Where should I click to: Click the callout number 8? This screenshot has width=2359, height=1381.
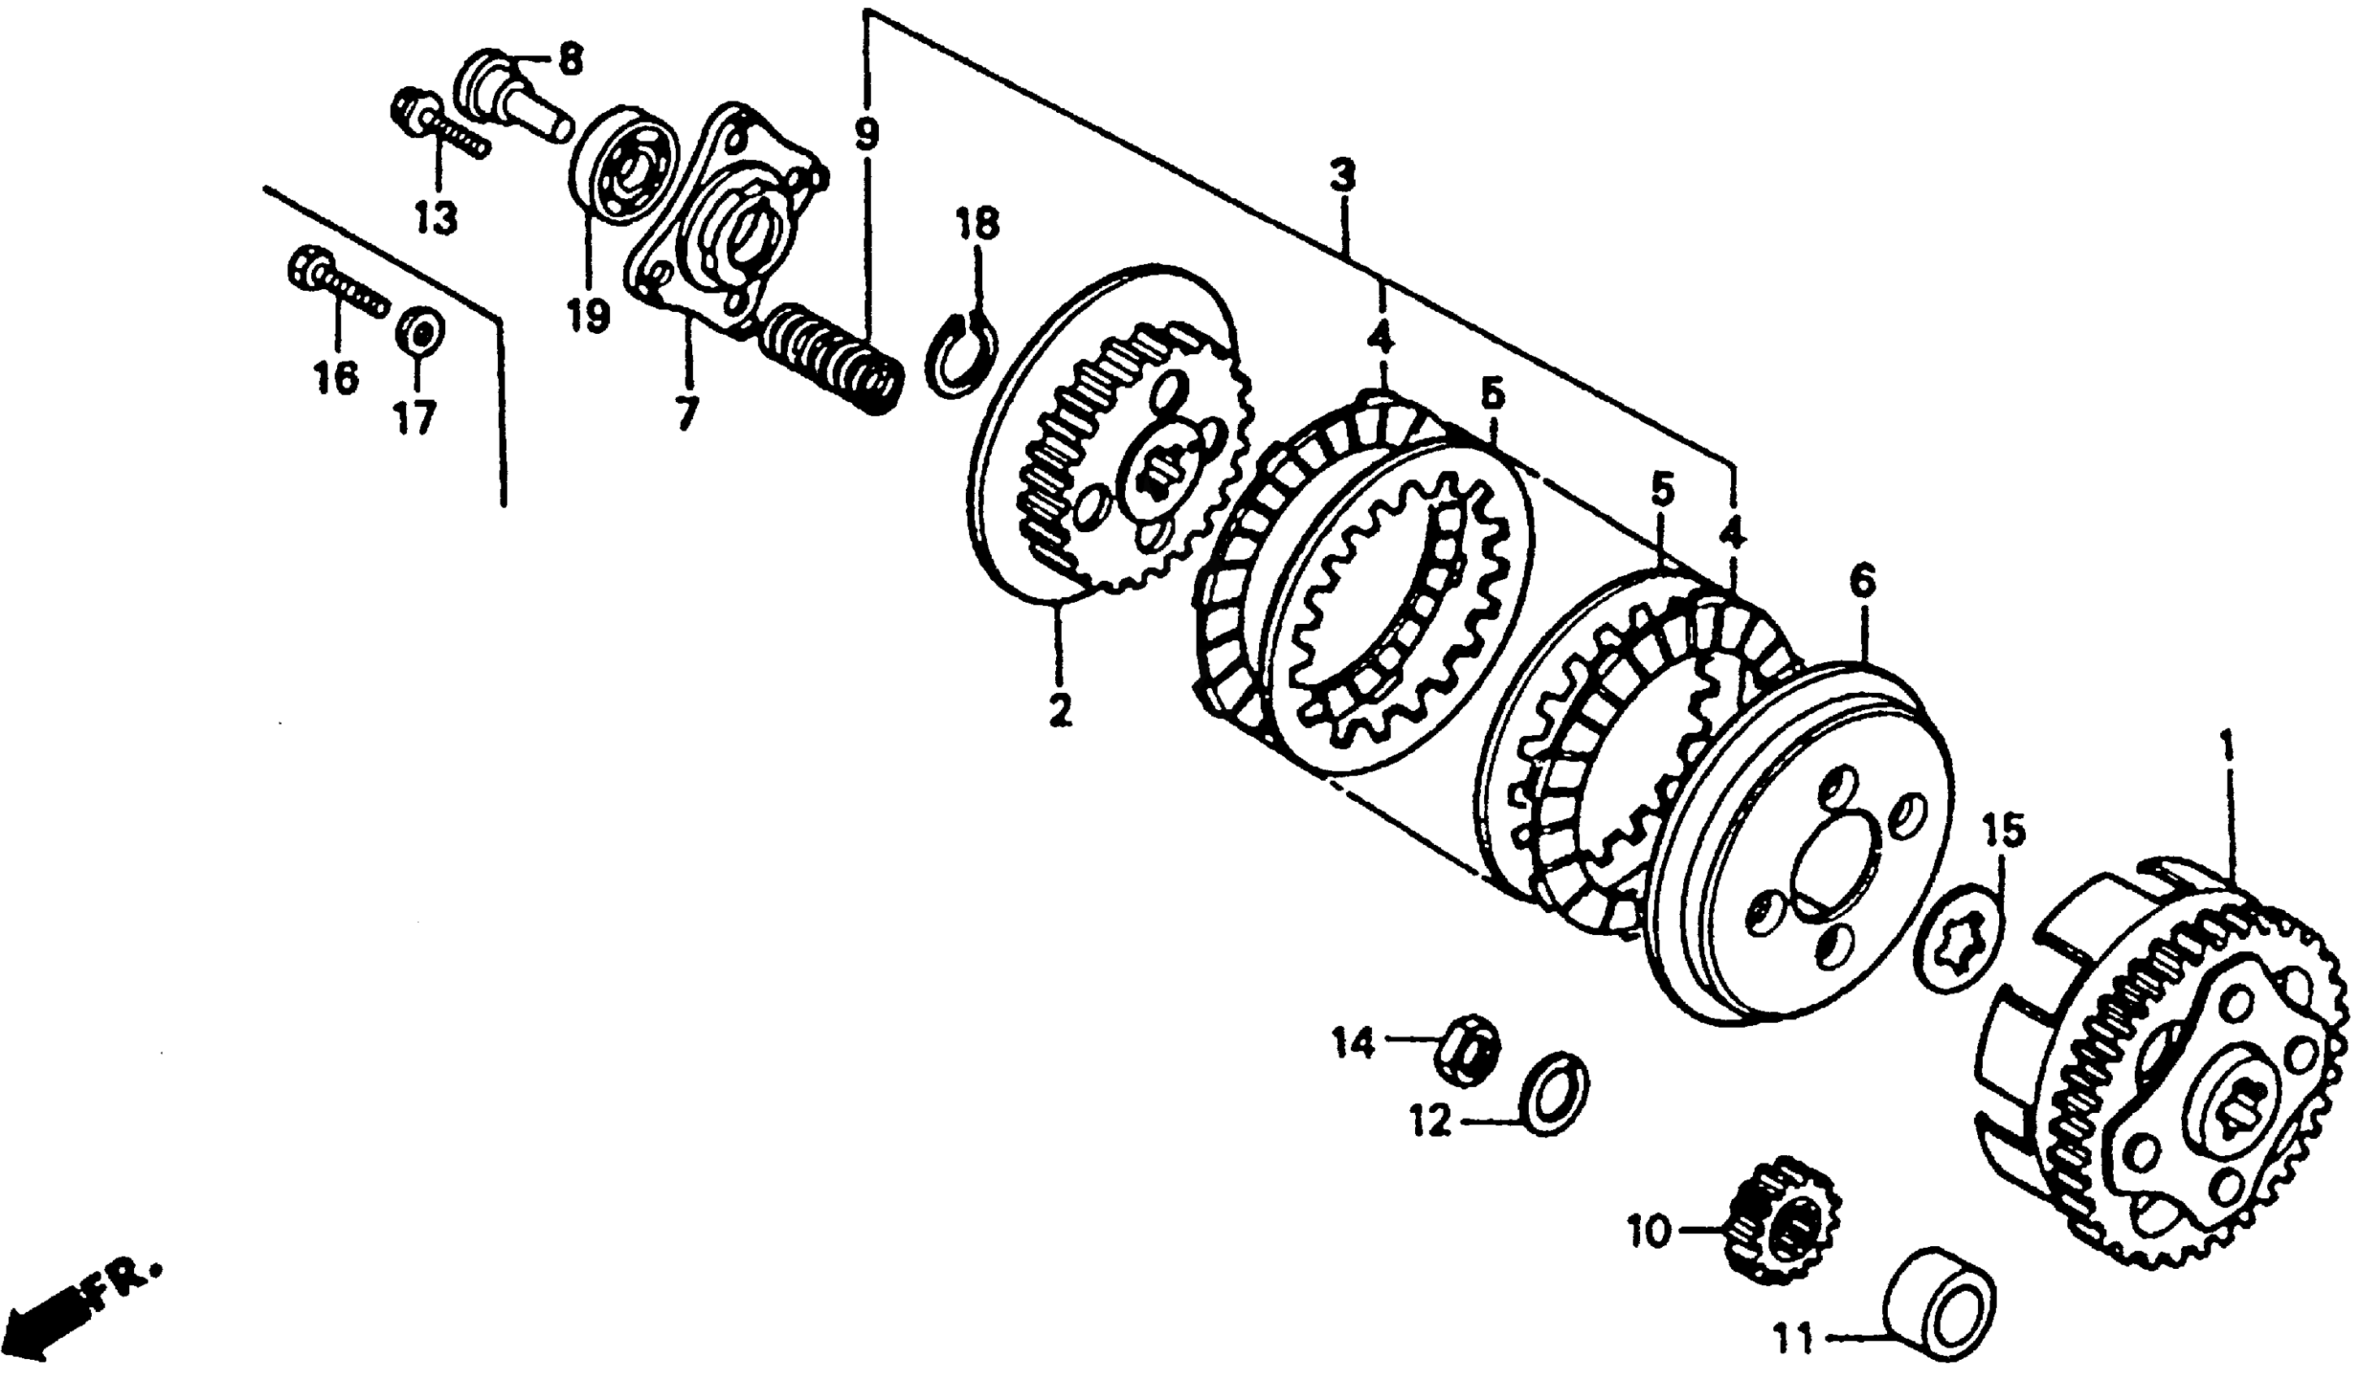pyautogui.click(x=569, y=61)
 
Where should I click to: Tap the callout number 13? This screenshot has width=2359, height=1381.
pyautogui.click(x=437, y=219)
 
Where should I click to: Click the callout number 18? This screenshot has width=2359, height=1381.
pyautogui.click(x=977, y=225)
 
